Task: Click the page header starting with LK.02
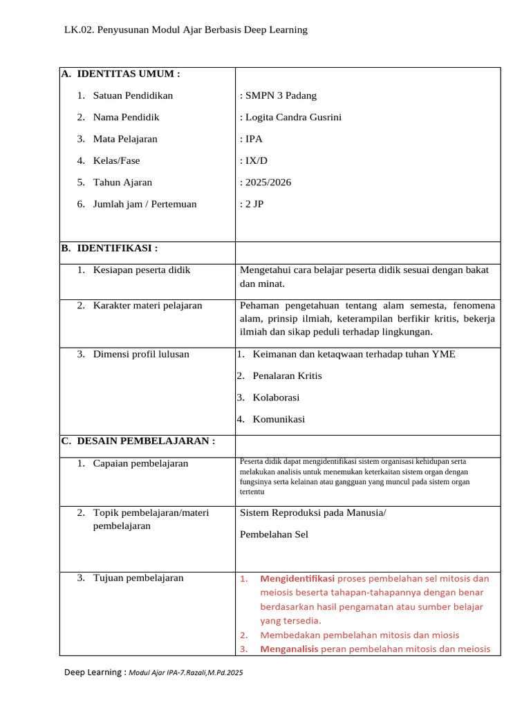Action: click(x=185, y=30)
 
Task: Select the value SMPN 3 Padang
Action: click(x=278, y=95)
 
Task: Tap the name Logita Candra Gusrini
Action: click(x=290, y=117)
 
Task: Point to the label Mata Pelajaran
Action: click(x=125, y=139)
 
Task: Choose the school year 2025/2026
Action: click(x=265, y=183)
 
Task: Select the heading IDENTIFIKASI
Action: click(x=117, y=248)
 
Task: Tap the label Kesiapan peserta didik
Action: click(x=142, y=270)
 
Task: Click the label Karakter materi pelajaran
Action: click(x=148, y=305)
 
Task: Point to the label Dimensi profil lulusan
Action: click(x=141, y=354)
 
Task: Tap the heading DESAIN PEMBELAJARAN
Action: click(x=146, y=441)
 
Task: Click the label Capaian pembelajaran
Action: click(x=140, y=463)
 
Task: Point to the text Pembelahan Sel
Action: click(x=274, y=534)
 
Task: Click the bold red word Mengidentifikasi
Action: click(x=297, y=578)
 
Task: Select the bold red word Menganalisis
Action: click(x=288, y=649)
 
